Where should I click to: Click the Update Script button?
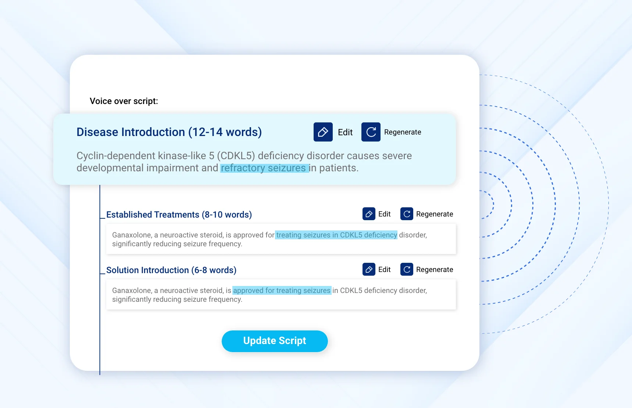(275, 341)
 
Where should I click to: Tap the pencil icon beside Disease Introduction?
(323, 132)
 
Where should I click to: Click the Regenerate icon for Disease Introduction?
(371, 132)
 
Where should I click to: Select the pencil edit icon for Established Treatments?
(369, 214)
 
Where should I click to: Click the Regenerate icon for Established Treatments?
(407, 214)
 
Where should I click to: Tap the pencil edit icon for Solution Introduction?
(369, 269)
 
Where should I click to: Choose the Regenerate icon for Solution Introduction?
(407, 269)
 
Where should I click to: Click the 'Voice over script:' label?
(124, 101)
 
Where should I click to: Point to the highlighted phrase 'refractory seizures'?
(264, 168)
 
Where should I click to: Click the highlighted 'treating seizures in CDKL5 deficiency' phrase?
(336, 235)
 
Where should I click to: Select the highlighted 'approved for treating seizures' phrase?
(282, 290)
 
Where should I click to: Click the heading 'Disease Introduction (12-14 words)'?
(169, 132)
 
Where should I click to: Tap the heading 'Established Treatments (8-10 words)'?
(179, 215)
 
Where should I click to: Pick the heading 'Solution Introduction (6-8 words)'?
(171, 270)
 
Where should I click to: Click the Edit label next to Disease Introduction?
(345, 132)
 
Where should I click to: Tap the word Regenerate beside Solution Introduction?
(435, 269)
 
